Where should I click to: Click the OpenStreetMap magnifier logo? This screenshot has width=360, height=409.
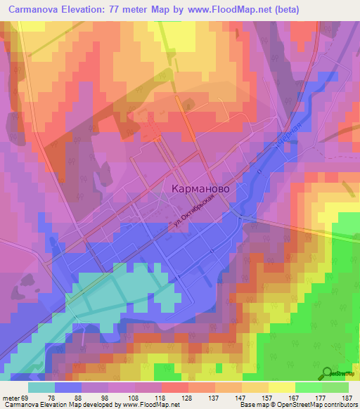328,373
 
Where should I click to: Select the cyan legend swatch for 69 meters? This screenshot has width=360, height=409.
41,387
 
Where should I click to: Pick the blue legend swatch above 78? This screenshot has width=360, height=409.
68,387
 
